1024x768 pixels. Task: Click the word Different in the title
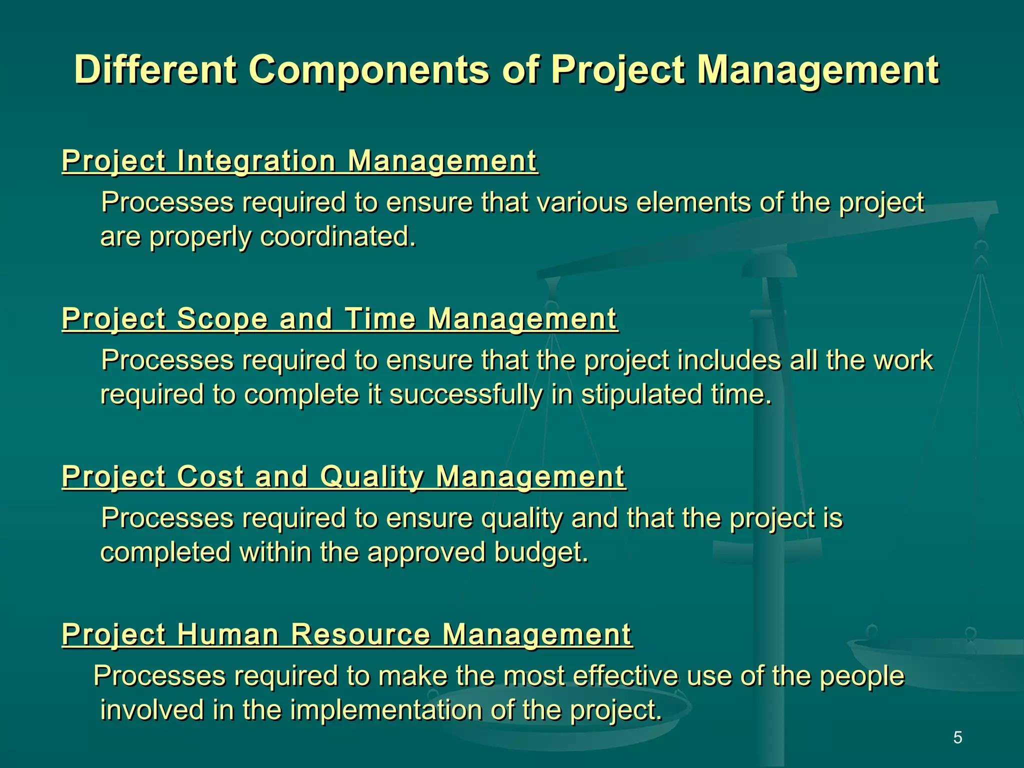[155, 70]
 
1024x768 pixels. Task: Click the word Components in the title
[369, 70]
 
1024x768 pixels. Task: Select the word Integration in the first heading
[256, 161]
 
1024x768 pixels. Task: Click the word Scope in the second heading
[222, 318]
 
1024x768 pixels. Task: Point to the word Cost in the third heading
[210, 476]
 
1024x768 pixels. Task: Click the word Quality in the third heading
[372, 476]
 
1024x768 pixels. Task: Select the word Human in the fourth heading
[227, 634]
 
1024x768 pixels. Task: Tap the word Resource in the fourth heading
[360, 634]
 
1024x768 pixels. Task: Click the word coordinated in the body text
[338, 236]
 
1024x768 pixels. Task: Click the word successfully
[465, 394]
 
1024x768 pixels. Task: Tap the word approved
[426, 552]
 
